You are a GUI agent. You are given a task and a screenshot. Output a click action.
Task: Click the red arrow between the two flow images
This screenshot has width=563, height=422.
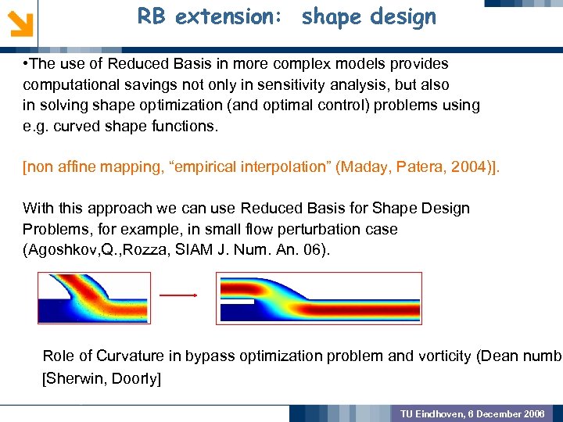178,295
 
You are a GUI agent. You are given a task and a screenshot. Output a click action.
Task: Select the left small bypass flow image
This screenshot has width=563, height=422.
85,298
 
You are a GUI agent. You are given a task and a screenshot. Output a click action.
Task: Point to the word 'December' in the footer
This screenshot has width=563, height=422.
500,413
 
